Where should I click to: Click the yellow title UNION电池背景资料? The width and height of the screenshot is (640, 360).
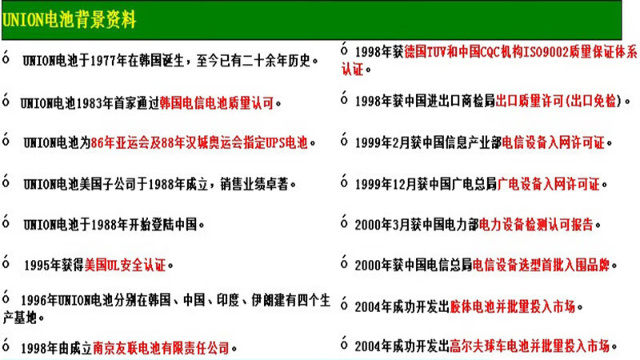(x=69, y=19)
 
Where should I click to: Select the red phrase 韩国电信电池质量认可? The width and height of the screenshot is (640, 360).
(x=217, y=103)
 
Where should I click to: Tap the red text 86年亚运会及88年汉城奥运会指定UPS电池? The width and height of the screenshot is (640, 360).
(x=199, y=143)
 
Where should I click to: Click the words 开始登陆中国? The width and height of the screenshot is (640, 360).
(x=163, y=225)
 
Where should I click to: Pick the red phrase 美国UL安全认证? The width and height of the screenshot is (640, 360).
(x=125, y=266)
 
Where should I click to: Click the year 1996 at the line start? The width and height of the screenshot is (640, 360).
(x=34, y=301)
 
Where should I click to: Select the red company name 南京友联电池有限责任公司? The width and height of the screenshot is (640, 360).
(x=162, y=348)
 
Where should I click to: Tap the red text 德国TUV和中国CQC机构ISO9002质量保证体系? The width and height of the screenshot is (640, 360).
(x=521, y=52)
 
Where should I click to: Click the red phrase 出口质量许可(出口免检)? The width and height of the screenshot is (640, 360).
(x=558, y=101)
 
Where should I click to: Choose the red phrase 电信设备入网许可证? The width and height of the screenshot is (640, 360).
(x=553, y=143)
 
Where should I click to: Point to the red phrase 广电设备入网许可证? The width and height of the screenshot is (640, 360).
(x=548, y=184)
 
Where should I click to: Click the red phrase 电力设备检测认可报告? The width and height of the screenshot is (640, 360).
(x=536, y=225)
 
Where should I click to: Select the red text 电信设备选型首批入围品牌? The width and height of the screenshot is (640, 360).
(x=541, y=266)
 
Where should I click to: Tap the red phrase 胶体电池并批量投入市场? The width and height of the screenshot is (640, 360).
(x=512, y=306)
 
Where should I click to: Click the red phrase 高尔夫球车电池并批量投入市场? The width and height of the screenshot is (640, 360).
(x=530, y=346)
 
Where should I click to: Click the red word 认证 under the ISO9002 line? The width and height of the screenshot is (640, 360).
(x=353, y=70)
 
